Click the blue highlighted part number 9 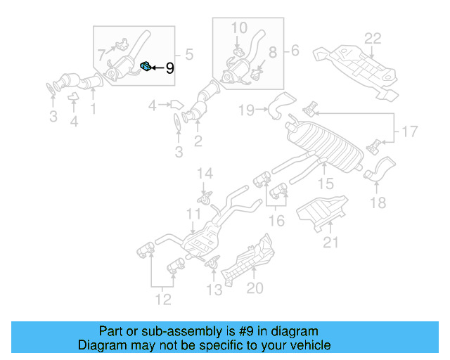(145, 67)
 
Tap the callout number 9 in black (169, 69)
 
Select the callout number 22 (372, 38)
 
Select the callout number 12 (162, 301)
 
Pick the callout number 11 (193, 214)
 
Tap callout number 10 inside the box (239, 28)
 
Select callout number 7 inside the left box (102, 53)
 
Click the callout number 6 (295, 51)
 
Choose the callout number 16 (277, 221)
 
